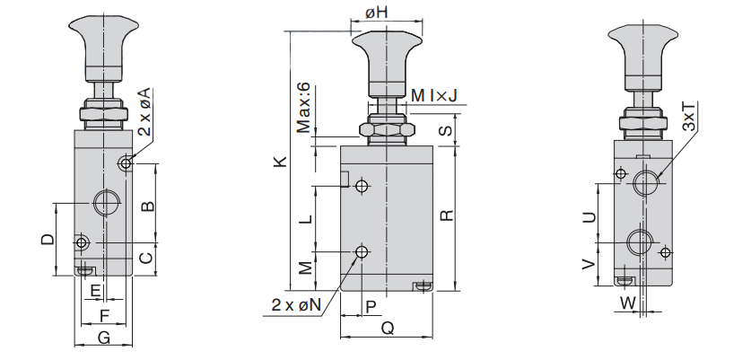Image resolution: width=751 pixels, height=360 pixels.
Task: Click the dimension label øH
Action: click(378, 13)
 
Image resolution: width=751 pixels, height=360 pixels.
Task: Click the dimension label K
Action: click(280, 162)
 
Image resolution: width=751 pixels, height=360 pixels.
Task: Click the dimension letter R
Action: click(446, 215)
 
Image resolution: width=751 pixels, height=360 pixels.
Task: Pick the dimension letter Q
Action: click(388, 329)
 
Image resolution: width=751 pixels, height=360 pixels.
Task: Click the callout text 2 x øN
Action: click(296, 305)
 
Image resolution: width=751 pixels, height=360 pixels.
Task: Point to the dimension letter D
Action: click(48, 240)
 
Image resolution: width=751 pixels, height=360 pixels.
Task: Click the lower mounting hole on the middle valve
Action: click(362, 251)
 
